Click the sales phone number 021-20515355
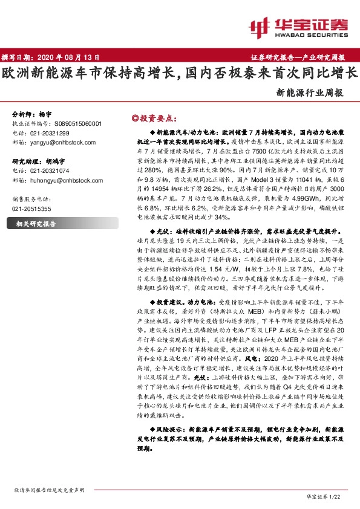31,209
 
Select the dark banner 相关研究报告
36,223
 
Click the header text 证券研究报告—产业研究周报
297,57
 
